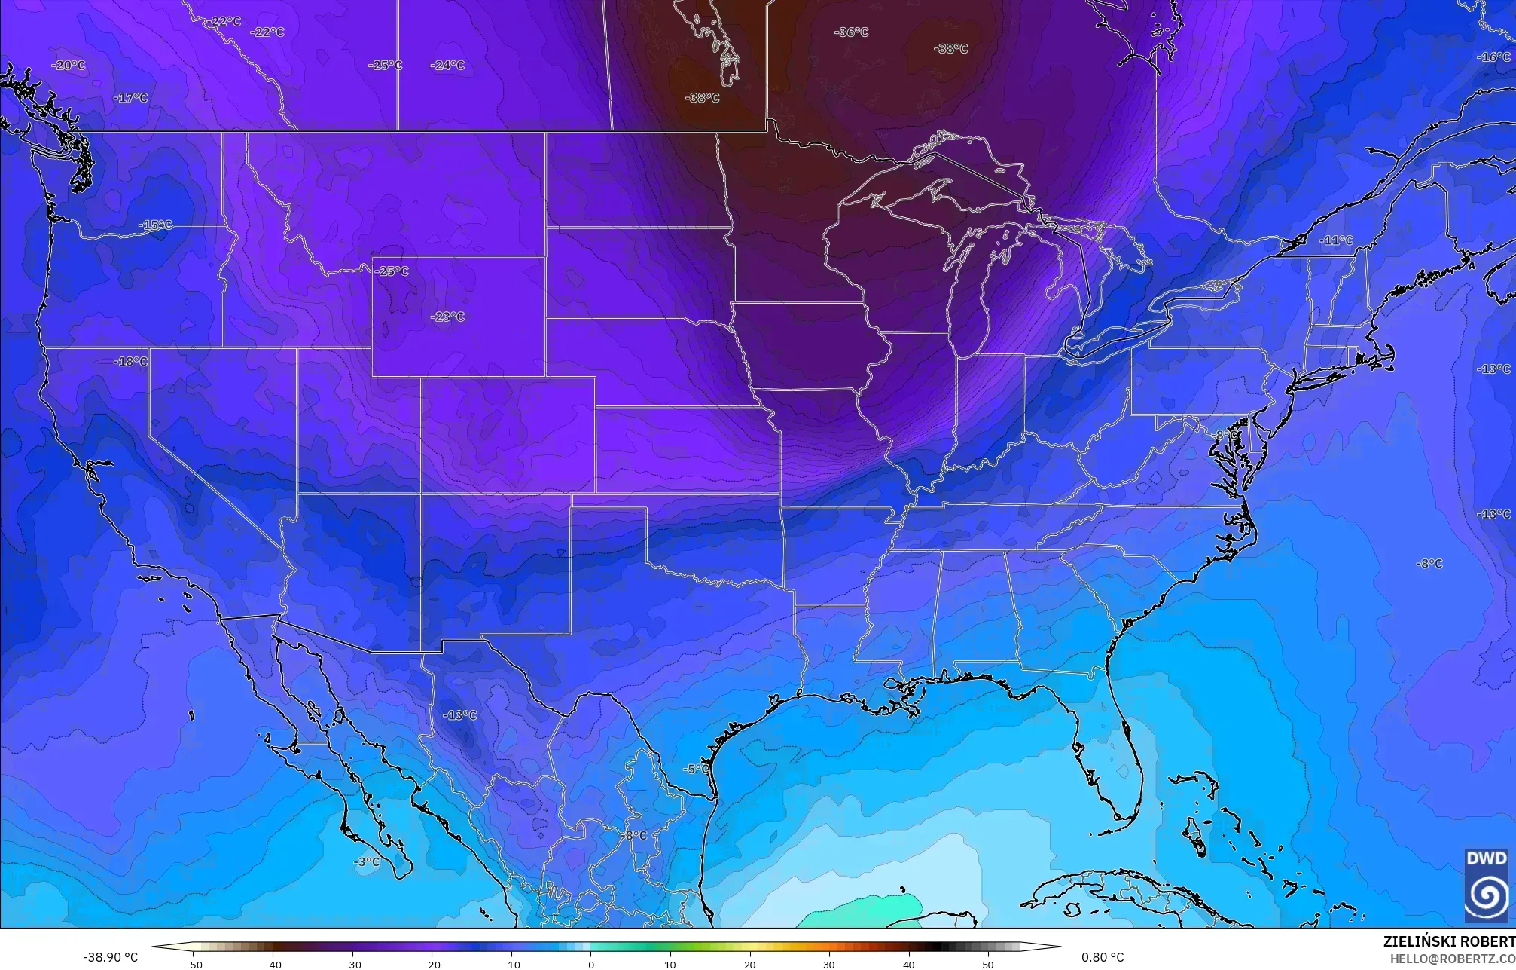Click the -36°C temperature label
pyautogui.click(x=851, y=32)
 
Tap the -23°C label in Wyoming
pyautogui.click(x=447, y=317)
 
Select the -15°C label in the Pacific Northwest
pyautogui.click(x=156, y=225)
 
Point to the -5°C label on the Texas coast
pyautogui.click(x=697, y=769)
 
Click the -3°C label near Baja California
pyautogui.click(x=367, y=861)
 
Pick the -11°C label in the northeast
pyautogui.click(x=1336, y=240)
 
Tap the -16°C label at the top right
pyautogui.click(x=1493, y=57)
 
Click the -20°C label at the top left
pyautogui.click(x=69, y=66)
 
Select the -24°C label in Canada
pyautogui.click(x=447, y=66)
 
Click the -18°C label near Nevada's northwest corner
pyautogui.click(x=131, y=362)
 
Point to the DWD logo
pyautogui.click(x=1486, y=886)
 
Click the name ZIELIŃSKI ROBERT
pyautogui.click(x=1448, y=941)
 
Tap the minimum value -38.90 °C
pyautogui.click(x=110, y=957)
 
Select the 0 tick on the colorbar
pyautogui.click(x=591, y=964)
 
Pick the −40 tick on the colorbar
pyautogui.click(x=273, y=964)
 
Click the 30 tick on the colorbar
pyautogui.click(x=829, y=964)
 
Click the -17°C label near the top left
pyautogui.click(x=131, y=98)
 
